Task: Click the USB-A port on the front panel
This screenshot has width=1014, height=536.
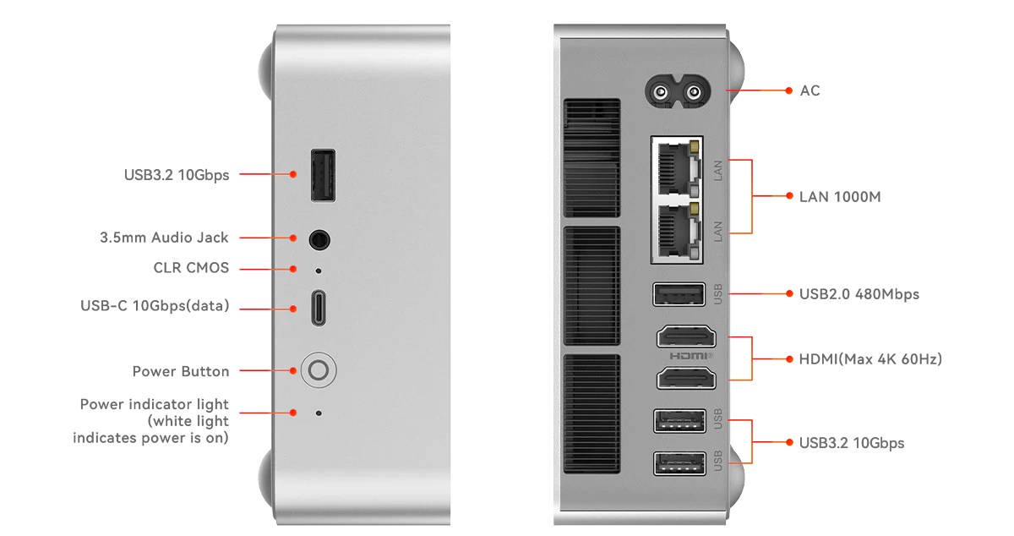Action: (323, 175)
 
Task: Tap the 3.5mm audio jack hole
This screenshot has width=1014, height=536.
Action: (319, 239)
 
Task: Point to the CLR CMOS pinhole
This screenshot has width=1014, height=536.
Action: (319, 271)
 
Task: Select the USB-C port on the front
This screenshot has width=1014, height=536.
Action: (319, 308)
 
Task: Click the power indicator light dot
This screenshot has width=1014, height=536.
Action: (319, 413)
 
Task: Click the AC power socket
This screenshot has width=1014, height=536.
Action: (677, 92)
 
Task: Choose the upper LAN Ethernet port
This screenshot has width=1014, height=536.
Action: (678, 167)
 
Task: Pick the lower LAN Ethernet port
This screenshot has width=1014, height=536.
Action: (678, 230)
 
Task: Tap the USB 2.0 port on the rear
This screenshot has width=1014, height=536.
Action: (679, 294)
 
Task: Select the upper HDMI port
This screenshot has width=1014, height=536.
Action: (686, 337)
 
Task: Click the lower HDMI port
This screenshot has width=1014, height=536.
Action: (686, 378)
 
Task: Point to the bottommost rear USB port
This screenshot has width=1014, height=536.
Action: (679, 463)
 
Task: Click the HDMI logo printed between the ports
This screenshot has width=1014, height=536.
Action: (691, 356)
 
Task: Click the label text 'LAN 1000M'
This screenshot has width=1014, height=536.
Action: (840, 197)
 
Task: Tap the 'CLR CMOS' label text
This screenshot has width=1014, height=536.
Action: (191, 268)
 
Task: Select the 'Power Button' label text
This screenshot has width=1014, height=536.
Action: (181, 371)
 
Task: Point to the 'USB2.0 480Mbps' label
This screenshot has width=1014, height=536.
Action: (859, 294)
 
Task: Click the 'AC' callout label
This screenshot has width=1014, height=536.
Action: (810, 90)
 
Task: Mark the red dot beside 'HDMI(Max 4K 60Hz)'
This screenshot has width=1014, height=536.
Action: (789, 359)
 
